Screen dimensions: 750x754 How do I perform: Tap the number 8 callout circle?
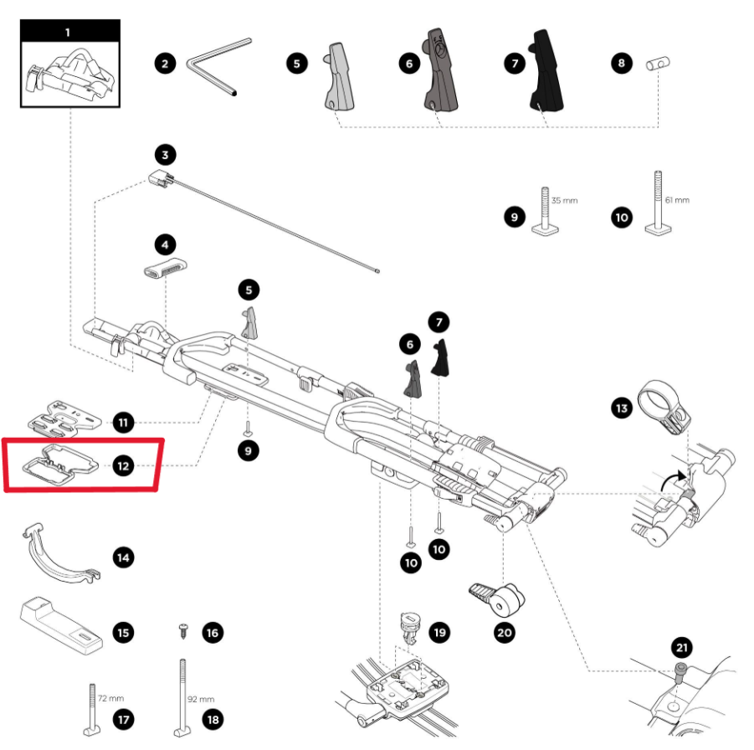tap(621, 63)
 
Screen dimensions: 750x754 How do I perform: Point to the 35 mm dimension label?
tap(564, 201)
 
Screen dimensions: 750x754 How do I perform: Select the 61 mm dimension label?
tap(676, 201)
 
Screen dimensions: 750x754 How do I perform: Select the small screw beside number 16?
tap(183, 629)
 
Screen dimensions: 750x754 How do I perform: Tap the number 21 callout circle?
tap(682, 648)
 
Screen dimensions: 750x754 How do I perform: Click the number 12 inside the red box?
tap(124, 465)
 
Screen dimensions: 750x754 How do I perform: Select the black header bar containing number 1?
tap(69, 33)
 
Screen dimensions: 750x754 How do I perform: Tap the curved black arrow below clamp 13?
tap(670, 483)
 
